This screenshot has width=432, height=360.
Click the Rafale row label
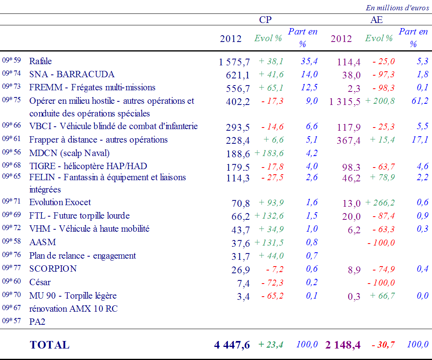[40, 61]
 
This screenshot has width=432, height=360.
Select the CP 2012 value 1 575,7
[234, 62]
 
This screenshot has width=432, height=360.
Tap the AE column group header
[376, 20]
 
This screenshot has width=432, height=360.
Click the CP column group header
[265, 20]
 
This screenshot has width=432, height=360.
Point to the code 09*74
[11, 73]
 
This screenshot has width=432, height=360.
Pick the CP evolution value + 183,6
[269, 153]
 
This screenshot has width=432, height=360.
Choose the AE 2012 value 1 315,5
[345, 102]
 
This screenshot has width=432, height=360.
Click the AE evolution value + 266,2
[380, 203]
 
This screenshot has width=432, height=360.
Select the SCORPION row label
[53, 269]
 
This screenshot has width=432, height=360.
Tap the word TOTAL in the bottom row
[49, 345]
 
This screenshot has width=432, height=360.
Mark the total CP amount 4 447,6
[232, 345]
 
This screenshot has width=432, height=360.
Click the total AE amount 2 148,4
[343, 345]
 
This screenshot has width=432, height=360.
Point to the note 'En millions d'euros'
[397, 8]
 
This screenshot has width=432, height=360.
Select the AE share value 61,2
[420, 101]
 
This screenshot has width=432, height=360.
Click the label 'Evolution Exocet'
[60, 202]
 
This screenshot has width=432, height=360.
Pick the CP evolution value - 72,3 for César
[272, 283]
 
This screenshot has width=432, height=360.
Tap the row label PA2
[37, 322]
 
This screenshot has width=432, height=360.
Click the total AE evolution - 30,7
[383, 345]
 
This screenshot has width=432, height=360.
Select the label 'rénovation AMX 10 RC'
[74, 309]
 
